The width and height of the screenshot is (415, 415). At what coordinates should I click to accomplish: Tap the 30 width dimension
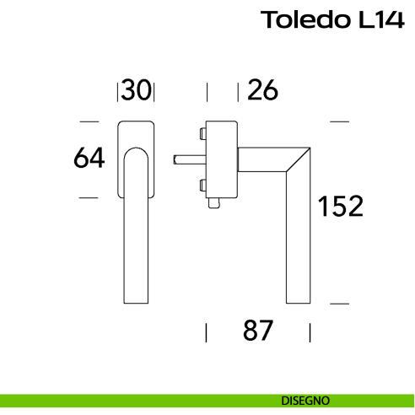coord(136,89)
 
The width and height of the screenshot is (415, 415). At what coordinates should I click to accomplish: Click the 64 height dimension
coord(89,158)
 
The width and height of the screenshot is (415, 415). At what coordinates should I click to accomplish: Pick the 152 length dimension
coord(340,206)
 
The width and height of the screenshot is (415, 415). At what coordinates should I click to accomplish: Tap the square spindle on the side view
coord(185,158)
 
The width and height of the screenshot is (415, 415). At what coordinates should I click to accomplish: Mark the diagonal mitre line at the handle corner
coord(298,159)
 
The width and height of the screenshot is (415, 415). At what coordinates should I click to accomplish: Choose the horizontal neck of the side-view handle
coord(261,158)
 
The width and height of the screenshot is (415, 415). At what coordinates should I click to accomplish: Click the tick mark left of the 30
coord(117,90)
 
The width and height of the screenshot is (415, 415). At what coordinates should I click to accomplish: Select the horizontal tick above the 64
coord(89,121)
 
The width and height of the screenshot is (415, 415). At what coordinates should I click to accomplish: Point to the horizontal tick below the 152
coord(339,301)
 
